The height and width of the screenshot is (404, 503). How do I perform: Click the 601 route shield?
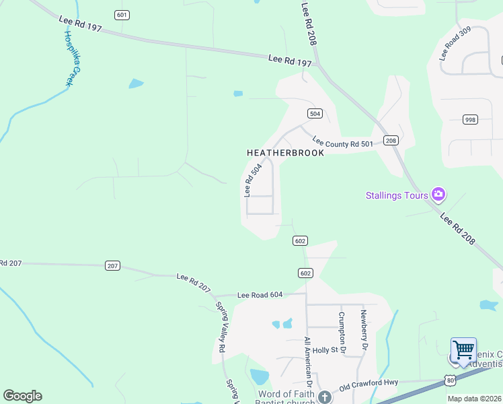122,15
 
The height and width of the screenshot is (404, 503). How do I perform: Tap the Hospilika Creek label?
72,58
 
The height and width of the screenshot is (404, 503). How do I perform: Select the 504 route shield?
315,113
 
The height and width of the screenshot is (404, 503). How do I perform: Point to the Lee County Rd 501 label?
342,143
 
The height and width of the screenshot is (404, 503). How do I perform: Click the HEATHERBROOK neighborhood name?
285,153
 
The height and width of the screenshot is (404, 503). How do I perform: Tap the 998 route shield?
471,120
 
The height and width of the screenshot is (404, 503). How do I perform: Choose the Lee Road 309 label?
455,44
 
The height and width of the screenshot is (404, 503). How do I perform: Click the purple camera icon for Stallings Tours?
438,195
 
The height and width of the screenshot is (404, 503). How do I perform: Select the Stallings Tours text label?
397,196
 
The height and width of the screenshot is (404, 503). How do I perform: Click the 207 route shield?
112,266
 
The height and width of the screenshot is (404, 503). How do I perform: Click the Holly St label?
324,350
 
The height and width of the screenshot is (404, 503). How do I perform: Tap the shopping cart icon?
463,351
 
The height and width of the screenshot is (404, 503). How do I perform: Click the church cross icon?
325,397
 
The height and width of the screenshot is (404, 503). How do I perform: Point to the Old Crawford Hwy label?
369,383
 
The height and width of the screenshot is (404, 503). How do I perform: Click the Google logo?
23,396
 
